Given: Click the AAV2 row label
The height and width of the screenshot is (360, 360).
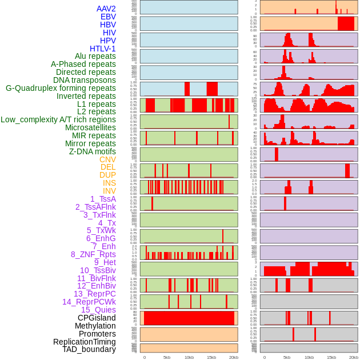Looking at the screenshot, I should coord(106,9).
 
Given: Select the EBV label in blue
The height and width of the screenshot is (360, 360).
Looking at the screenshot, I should coord(108,17).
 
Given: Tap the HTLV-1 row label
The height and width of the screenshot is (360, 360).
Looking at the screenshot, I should coord(102,49).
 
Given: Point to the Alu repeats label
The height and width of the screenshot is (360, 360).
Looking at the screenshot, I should coord(95,56).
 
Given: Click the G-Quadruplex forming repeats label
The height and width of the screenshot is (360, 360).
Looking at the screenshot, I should coord(61,88).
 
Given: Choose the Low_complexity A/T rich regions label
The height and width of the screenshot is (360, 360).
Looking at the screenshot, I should coord(58,119).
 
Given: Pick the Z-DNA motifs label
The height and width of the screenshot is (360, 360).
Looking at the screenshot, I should coord(92,151).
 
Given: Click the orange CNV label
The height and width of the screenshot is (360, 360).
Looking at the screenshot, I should coord(107,159).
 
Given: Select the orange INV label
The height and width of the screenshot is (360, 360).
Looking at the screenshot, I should coord(109,191).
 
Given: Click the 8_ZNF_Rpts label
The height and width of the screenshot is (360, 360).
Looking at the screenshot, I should coord(93,254).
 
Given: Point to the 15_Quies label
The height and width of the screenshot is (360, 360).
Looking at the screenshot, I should coord(98,310).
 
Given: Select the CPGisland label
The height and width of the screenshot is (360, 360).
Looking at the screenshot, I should coord(97,318).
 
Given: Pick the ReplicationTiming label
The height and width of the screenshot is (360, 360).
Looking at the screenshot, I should coord(84,342).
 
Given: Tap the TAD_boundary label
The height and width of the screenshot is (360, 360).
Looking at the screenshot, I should coord(89,349).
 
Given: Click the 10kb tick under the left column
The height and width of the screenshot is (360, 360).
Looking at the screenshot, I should coord(189,357).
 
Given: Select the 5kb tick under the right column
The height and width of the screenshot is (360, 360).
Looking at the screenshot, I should coord(287,357).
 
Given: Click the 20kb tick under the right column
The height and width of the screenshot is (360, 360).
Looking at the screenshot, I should coord(354,357).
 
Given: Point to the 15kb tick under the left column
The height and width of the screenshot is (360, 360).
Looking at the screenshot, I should coord(211,357).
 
